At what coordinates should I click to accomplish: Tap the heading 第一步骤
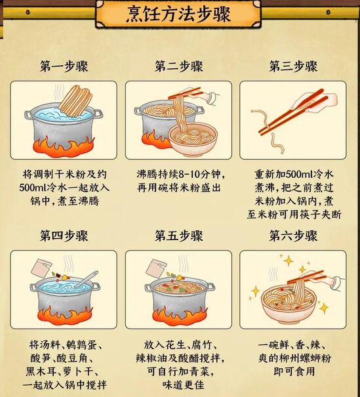pos(64,66)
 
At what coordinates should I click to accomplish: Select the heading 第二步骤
pos(179,66)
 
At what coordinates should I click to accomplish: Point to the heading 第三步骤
pos(294,66)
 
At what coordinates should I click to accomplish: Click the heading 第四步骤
pos(64,236)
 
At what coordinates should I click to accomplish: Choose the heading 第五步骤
pos(179,236)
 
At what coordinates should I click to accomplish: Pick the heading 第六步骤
pos(294,236)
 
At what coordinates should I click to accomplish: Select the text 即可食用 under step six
pos(294,371)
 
